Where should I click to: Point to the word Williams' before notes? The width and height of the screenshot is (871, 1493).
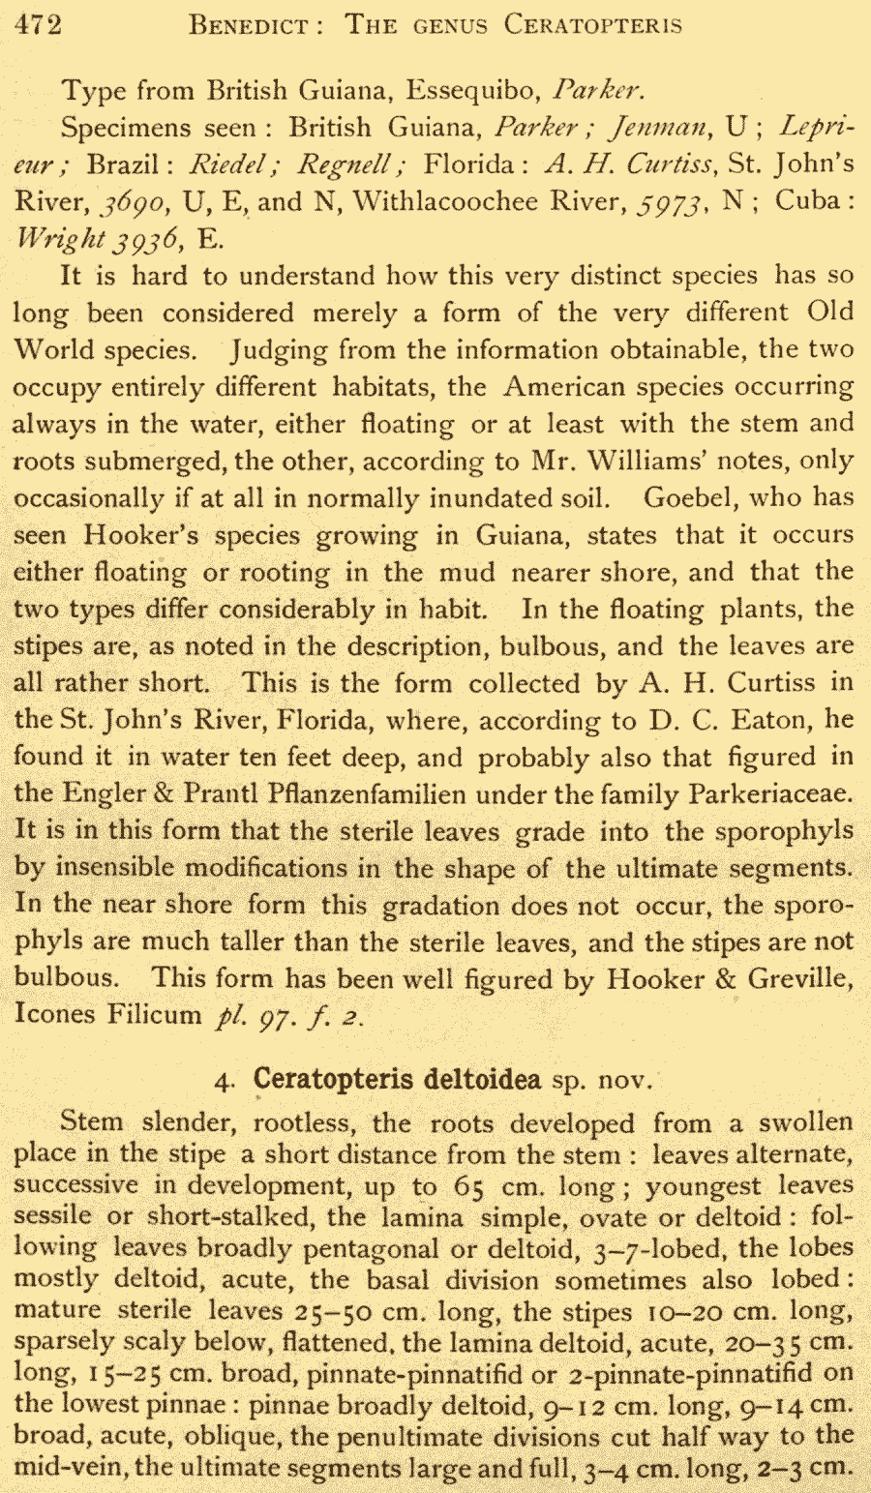pos(655,461)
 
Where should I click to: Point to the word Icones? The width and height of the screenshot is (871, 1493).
pos(54,1015)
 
